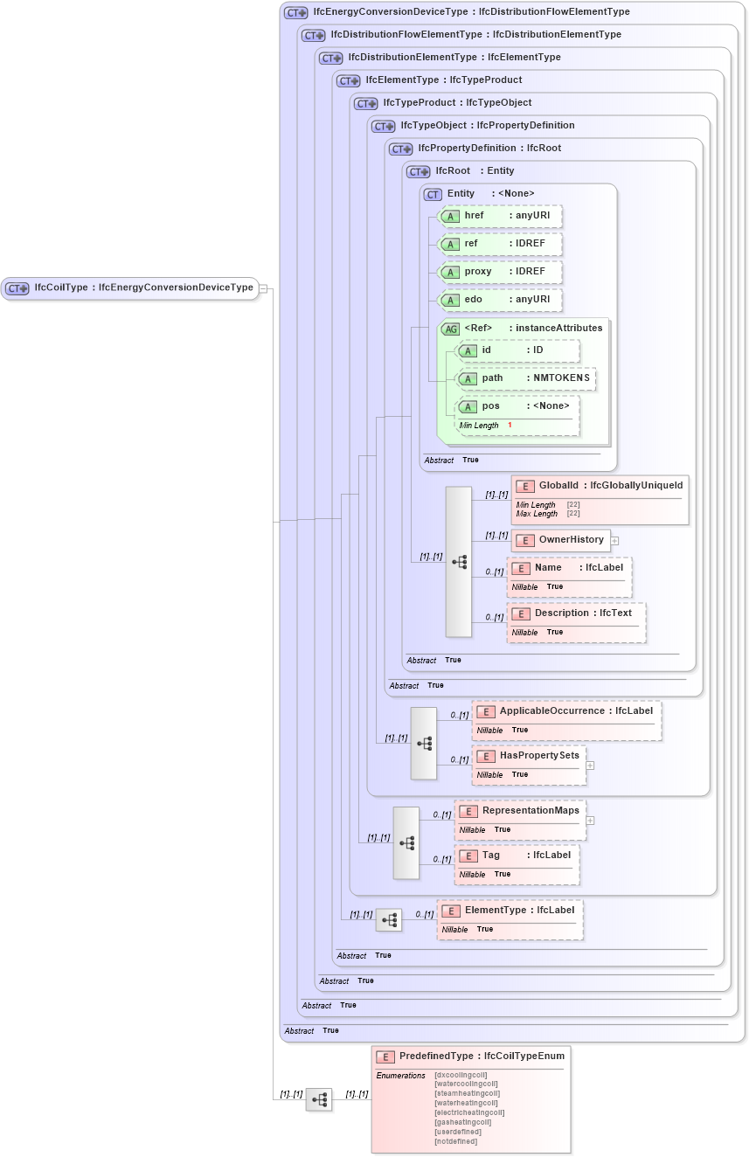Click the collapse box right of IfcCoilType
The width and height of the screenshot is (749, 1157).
(263, 288)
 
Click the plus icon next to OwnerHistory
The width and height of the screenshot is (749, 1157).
(614, 540)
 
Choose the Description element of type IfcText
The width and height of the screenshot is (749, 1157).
(577, 613)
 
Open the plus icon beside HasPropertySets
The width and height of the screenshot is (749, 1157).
(590, 766)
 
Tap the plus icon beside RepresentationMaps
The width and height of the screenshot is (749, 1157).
(590, 821)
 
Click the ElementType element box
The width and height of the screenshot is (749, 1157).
(510, 911)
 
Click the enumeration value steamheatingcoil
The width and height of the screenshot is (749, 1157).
(467, 1093)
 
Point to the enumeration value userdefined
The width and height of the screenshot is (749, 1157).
(458, 1132)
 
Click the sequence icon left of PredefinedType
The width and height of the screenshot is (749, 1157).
(319, 1099)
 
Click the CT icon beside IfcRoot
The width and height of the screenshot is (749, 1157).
(419, 171)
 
